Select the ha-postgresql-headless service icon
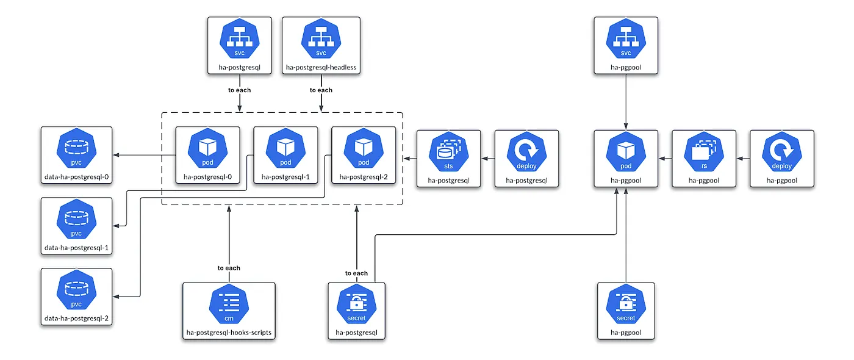321,40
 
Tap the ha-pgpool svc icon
626,40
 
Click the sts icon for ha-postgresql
448,153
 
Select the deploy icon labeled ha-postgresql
527,153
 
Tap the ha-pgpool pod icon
626,153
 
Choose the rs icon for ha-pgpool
704,153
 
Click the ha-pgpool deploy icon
781,153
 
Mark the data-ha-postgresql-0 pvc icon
76,149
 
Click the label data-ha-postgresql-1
76,248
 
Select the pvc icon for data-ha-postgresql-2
76,290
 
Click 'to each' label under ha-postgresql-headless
321,90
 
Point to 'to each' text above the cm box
229,268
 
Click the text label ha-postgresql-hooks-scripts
229,333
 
